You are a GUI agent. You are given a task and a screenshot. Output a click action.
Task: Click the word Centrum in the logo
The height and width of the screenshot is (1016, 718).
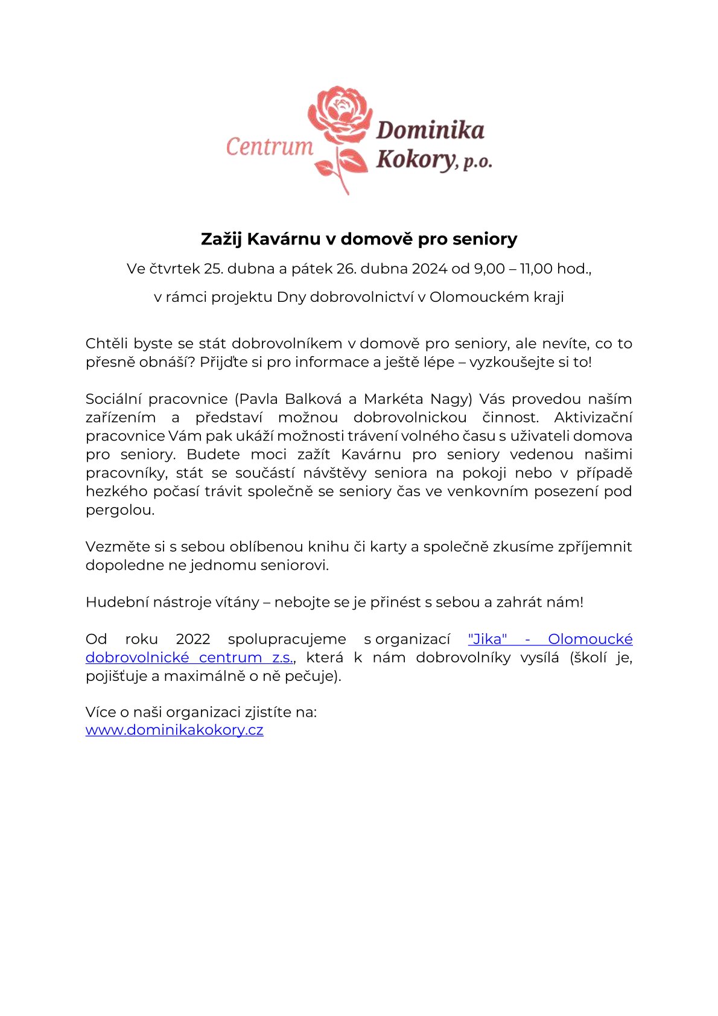(270, 147)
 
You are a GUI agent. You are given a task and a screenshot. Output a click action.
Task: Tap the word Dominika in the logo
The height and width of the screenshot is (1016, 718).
(430, 130)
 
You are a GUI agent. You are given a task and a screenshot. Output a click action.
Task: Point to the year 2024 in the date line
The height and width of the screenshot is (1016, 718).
(430, 269)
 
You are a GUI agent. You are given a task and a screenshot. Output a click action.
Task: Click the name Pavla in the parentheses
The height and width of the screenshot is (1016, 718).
(259, 399)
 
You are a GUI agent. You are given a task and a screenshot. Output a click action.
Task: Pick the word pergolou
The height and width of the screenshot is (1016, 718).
(119, 510)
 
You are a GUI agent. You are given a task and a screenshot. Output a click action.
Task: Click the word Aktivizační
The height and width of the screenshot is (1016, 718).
(593, 418)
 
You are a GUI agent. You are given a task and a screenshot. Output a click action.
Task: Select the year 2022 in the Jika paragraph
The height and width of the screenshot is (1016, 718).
(193, 639)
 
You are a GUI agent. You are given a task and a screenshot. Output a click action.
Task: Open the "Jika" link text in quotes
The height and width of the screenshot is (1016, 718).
(487, 639)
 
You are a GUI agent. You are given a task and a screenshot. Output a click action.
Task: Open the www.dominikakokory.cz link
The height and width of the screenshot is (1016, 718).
(174, 730)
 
